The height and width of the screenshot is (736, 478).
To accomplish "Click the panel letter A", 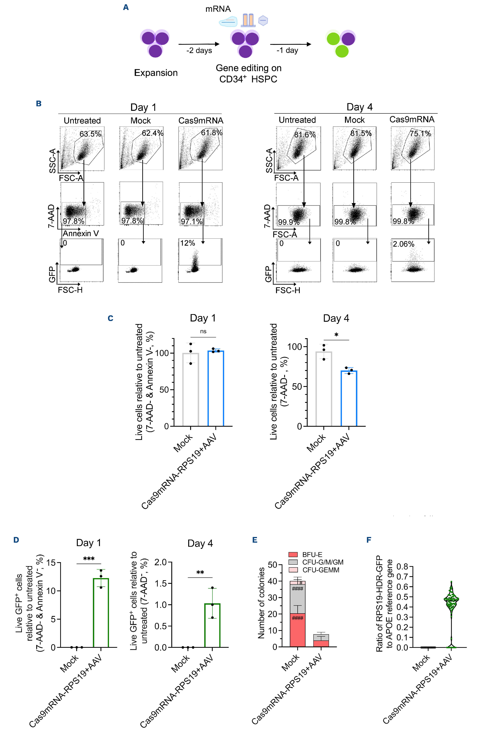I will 126,7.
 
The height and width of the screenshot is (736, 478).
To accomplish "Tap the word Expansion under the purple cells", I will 156,73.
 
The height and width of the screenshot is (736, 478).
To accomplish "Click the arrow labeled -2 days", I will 199,44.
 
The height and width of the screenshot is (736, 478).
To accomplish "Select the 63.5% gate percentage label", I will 90,134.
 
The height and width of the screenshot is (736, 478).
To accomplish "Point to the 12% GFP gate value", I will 187,243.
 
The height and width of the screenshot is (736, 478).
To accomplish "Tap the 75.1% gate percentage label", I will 420,134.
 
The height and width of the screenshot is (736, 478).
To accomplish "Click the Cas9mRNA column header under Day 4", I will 411,119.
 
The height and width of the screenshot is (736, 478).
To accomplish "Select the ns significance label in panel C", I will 203,331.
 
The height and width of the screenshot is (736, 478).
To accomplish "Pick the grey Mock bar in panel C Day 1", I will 191,390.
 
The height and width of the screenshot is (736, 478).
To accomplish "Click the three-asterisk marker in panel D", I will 89,559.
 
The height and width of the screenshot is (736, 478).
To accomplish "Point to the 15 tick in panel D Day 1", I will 51,563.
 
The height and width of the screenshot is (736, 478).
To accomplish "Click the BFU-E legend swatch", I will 293,555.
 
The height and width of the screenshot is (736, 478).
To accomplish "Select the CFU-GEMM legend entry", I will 320,570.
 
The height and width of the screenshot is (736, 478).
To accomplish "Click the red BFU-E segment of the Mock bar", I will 297,630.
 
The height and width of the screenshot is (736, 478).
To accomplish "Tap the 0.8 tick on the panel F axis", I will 402,566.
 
